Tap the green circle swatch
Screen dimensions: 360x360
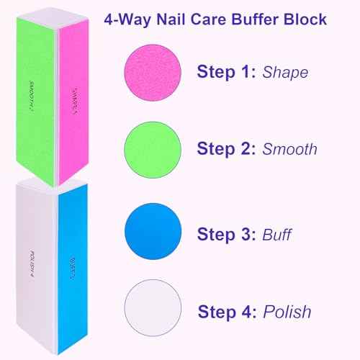click(x=153, y=149)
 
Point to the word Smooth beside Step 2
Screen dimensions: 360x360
click(x=289, y=149)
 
